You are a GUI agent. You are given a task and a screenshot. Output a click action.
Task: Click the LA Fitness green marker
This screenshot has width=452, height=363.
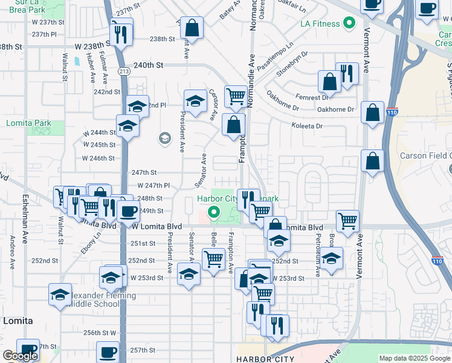(348, 24)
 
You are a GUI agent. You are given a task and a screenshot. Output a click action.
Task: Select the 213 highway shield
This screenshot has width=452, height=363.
(123, 71)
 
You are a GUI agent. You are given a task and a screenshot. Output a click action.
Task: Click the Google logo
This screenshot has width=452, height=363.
(20, 356)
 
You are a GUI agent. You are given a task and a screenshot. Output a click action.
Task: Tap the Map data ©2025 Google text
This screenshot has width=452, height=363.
(414, 358)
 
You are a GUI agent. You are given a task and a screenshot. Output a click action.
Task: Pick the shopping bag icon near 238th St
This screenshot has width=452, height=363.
(192, 27)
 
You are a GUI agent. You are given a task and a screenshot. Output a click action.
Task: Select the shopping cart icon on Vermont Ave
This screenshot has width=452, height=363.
(347, 221)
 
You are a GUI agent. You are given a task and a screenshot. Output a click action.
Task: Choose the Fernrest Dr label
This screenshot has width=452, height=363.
(312, 97)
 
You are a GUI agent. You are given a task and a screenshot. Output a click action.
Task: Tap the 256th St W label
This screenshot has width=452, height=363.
(100, 333)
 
